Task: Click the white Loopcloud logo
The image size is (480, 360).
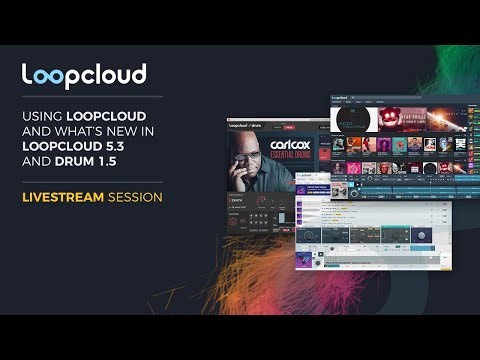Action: [x=84, y=74]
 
